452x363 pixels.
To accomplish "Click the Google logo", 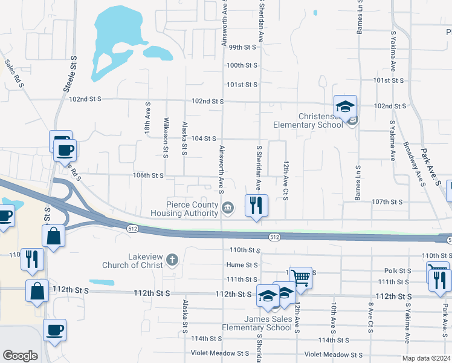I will (21, 356).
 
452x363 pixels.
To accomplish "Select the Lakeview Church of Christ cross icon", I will (173, 261).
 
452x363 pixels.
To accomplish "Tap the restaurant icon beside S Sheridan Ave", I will (256, 206).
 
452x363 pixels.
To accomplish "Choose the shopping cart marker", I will (300, 278).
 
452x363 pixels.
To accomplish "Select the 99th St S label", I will (243, 47).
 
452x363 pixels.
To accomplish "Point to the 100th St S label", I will (242, 65).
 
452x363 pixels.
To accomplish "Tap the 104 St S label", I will (204, 139).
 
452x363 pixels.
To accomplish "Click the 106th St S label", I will (149, 175).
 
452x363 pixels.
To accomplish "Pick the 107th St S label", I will (387, 201).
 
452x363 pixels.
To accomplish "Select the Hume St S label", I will (242, 265).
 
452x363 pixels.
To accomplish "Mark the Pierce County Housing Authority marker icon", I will (227, 209).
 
